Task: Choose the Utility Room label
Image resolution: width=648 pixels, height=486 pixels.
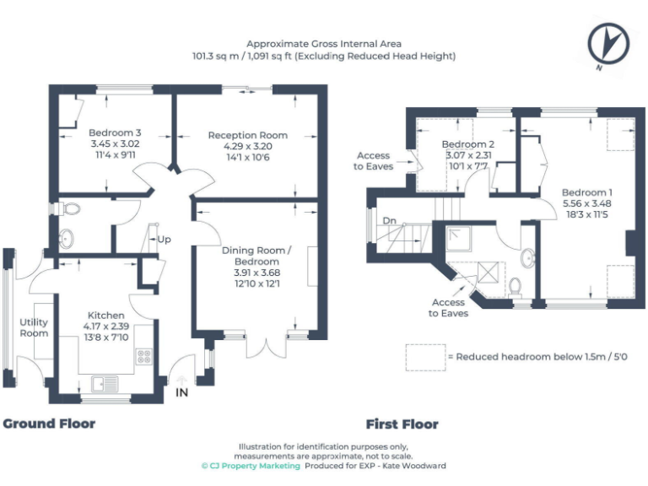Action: point(34,327)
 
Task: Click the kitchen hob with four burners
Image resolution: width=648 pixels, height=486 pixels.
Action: point(143,357)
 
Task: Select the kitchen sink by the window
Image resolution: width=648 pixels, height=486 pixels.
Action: point(105,384)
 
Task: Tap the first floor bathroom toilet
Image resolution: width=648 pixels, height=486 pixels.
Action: point(516,286)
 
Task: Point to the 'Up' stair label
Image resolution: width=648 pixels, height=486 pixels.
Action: point(164,240)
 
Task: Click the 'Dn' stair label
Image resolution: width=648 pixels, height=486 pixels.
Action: point(387,222)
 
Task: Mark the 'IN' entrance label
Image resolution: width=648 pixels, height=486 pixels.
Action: point(181,393)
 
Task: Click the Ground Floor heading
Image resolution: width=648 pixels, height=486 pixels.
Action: point(49,424)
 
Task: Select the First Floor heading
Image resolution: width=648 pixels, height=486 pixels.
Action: point(402,424)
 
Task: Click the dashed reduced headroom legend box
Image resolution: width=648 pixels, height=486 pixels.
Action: point(424,356)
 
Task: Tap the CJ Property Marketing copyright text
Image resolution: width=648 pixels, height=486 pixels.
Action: point(250,466)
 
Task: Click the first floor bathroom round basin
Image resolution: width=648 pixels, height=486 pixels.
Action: point(529,257)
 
